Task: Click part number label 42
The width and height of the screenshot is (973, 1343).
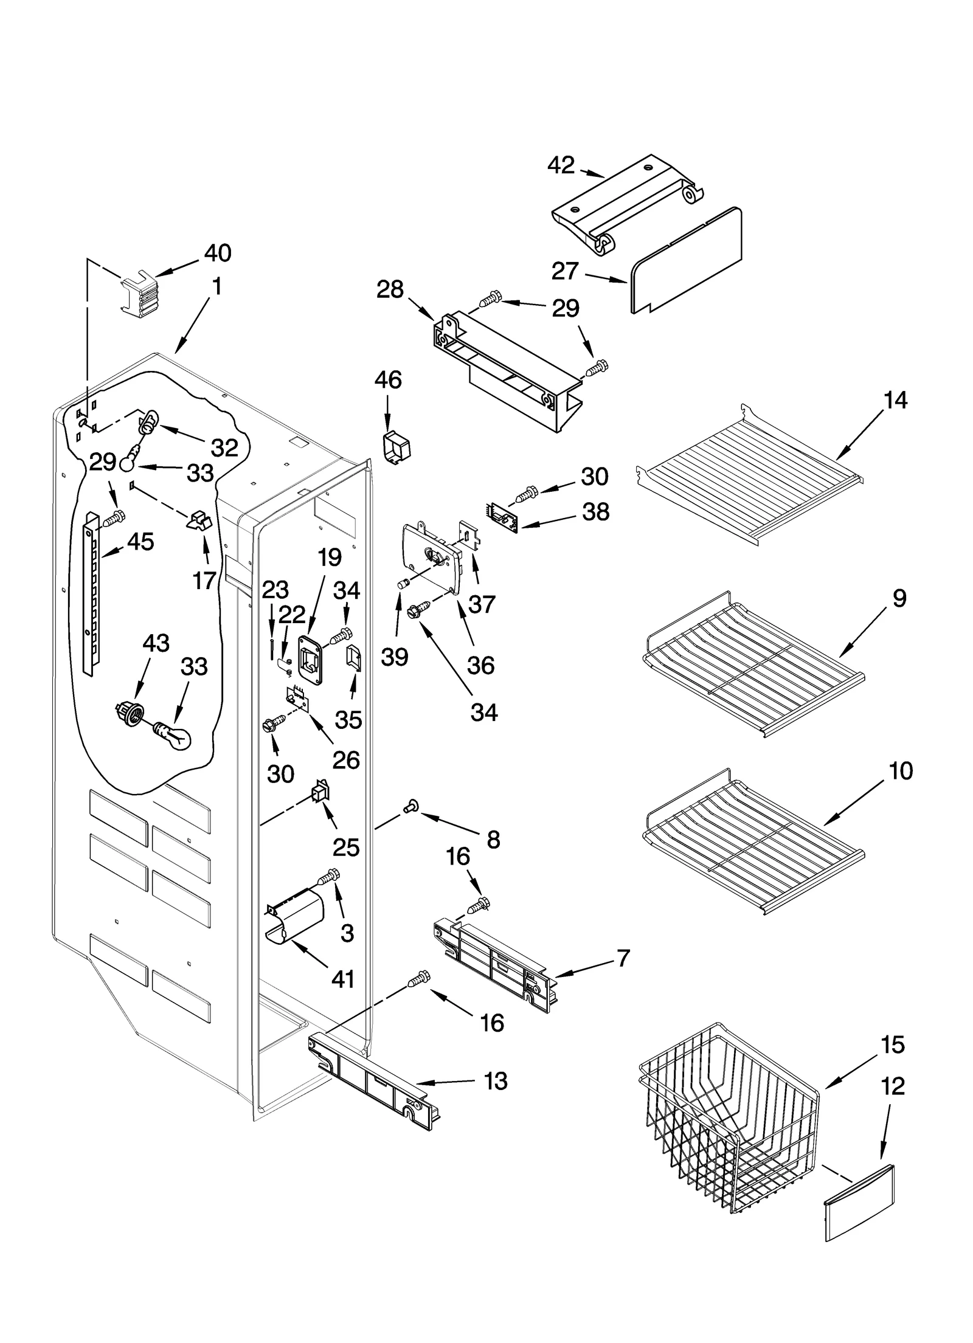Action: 560,165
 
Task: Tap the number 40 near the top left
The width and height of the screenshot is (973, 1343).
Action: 217,253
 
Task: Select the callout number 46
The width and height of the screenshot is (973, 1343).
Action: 388,380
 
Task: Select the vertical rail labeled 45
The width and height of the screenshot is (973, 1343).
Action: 91,593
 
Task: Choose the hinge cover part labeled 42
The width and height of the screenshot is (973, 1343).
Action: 626,204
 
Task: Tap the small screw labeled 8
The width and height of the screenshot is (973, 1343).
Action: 409,807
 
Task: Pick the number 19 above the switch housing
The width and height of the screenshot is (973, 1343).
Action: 330,558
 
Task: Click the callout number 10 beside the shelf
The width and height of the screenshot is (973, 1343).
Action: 901,771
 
